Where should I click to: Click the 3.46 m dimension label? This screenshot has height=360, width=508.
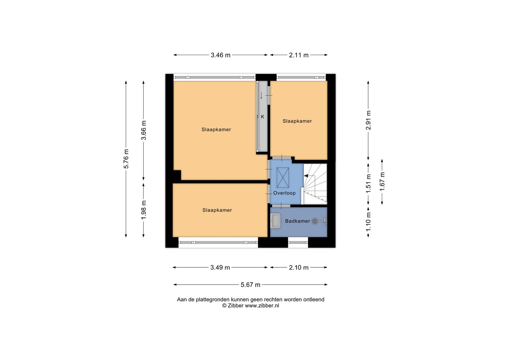[x=220, y=55]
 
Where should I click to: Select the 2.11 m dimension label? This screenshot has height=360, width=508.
[x=299, y=55]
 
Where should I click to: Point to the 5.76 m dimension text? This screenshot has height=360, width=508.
[x=126, y=159]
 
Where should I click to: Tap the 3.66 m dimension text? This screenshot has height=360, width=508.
[x=144, y=130]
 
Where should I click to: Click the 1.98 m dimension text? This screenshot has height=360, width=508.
[x=144, y=210]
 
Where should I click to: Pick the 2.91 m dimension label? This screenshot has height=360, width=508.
[x=368, y=120]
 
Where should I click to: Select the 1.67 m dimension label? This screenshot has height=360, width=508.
[x=382, y=182]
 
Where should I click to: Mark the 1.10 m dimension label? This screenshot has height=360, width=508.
[x=368, y=222]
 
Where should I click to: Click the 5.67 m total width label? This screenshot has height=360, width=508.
[x=250, y=285]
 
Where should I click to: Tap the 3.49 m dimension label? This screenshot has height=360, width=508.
[x=220, y=268]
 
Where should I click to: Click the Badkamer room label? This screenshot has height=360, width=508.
[x=297, y=221]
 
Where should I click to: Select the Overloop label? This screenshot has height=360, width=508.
[x=284, y=193]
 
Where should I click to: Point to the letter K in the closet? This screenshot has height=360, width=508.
[x=262, y=117]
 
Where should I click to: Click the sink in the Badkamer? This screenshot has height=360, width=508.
[x=276, y=221]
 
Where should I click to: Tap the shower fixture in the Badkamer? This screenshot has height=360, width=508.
[x=320, y=221]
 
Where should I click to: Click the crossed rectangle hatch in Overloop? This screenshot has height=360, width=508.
[x=283, y=178]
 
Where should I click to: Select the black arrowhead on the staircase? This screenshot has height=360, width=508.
[x=306, y=176]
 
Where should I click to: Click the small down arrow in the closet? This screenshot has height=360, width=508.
[x=261, y=95]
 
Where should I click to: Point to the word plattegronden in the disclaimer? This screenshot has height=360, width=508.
[x=211, y=300]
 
